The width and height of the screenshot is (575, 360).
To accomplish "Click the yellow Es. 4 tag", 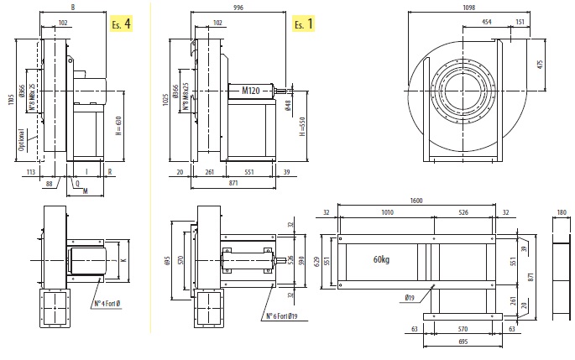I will [121, 23].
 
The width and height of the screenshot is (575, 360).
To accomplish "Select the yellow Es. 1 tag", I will [303, 23].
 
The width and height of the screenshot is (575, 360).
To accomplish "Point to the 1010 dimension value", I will [387, 213].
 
